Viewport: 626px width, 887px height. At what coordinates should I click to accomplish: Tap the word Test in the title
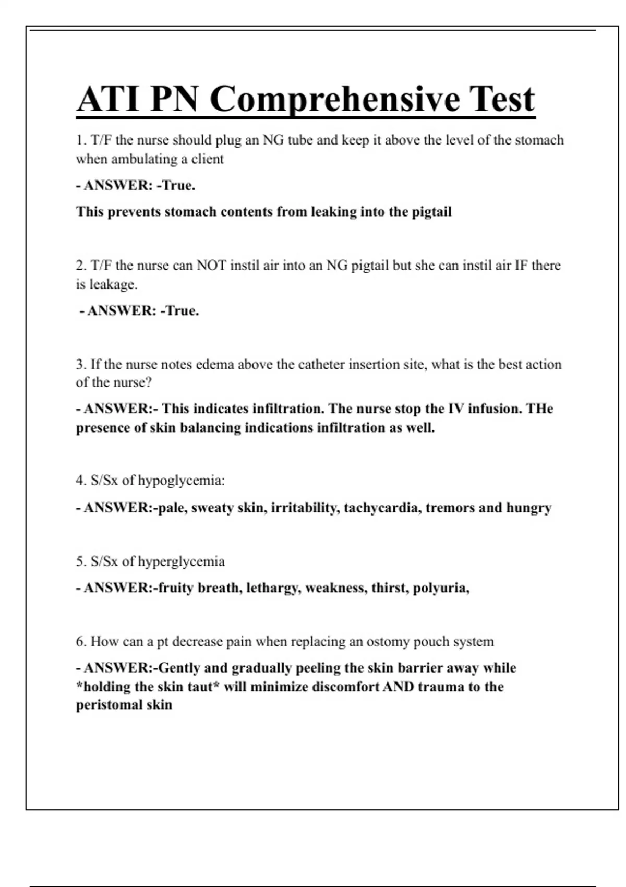[502, 99]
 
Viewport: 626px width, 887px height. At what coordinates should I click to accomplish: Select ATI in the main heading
[109, 99]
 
